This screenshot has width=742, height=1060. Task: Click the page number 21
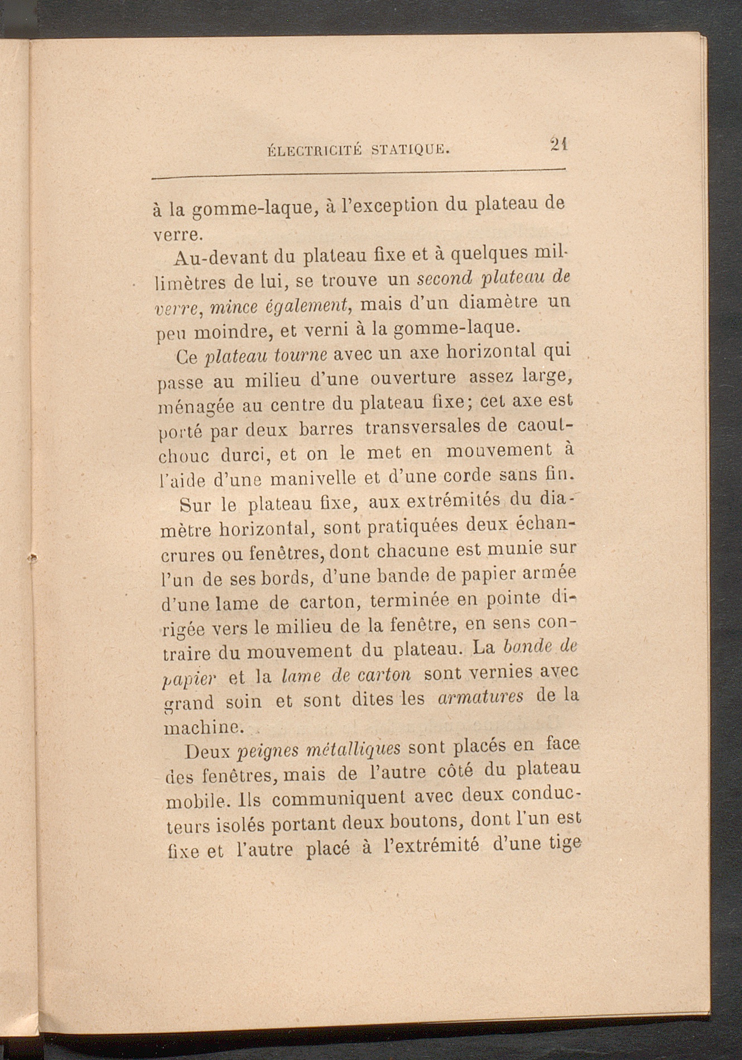coord(558,144)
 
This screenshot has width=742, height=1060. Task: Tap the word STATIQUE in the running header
coord(410,149)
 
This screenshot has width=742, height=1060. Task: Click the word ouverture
coord(413,379)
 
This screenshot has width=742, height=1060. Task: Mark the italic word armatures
coord(481,697)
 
